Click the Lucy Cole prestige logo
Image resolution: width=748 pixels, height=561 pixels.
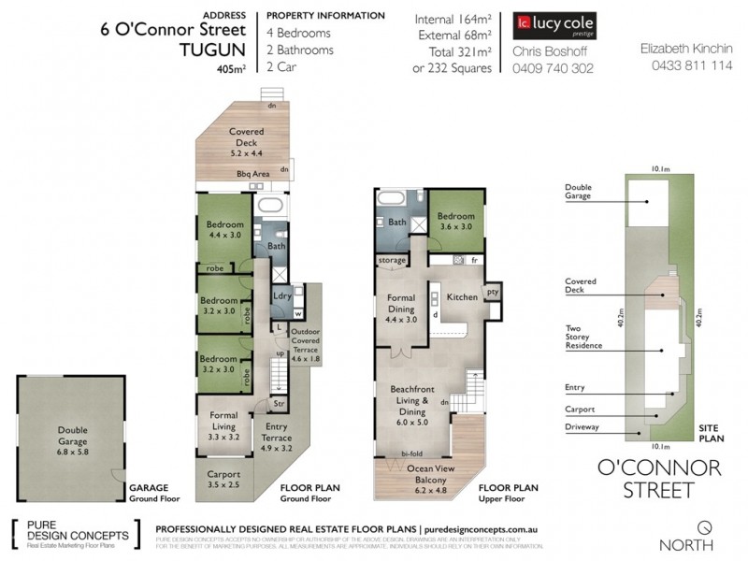554,24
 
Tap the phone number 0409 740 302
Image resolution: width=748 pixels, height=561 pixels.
553,68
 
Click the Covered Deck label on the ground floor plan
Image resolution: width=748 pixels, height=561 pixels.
246,139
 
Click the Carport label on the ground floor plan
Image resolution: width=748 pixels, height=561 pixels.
223,480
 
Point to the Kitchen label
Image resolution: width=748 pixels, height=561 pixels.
462,296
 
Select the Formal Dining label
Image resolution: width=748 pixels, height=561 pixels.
401,306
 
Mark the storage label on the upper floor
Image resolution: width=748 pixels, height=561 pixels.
392,259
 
